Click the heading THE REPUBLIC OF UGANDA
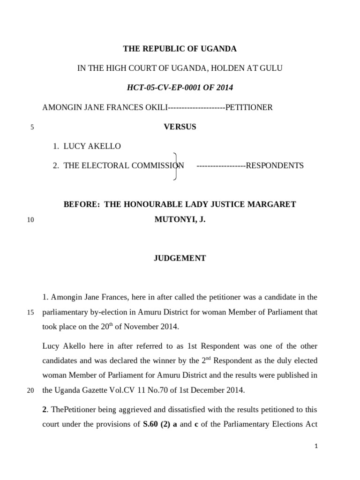pyautogui.click(x=180, y=49)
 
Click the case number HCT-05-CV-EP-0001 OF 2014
pyautogui.click(x=180, y=88)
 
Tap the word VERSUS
pyautogui.click(x=180, y=127)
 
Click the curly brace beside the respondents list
pyautogui.click(x=175, y=166)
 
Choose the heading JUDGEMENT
pyautogui.click(x=180, y=258)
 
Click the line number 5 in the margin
pyautogui.click(x=32, y=127)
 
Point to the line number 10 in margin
pyautogui.click(x=30, y=220)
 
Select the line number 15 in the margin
pyautogui.click(x=30, y=313)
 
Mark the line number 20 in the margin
pyautogui.click(x=30, y=390)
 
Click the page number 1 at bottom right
pyautogui.click(x=316, y=447)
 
